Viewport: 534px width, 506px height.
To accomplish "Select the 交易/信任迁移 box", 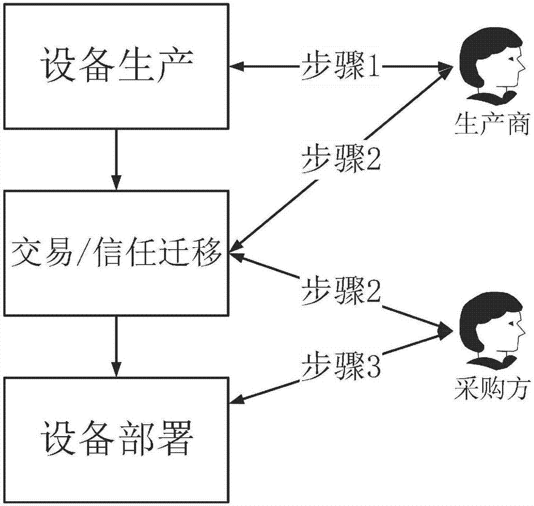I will point(115,254).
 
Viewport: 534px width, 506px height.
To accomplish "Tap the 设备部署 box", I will point(115,440).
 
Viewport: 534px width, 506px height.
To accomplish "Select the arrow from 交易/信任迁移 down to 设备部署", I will point(115,347).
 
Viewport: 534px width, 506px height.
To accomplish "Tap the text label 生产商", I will point(491,126).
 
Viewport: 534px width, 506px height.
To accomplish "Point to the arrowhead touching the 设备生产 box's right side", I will point(236,67).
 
